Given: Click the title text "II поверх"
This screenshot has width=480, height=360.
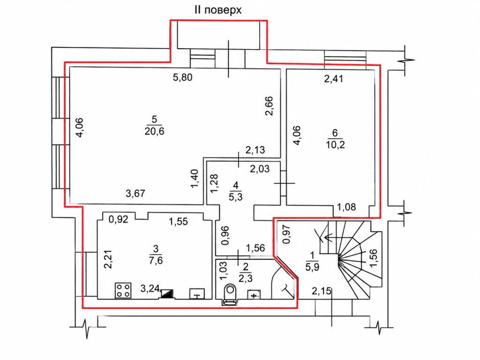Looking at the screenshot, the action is click(217, 10).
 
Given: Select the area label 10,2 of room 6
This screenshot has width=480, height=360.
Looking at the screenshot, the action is click(335, 144).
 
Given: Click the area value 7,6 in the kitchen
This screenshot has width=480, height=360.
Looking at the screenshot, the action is click(156, 261).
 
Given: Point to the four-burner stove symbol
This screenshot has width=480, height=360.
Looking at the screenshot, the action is click(123, 290).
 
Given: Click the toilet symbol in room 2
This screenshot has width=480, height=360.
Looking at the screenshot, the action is click(230, 294).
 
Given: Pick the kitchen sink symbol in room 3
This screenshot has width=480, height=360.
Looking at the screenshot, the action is click(197, 293).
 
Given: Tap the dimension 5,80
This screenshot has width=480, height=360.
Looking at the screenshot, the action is click(183, 77).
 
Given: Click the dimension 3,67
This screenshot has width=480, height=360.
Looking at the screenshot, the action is click(135, 194).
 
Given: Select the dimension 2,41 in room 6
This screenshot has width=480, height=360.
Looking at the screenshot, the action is click(334, 79).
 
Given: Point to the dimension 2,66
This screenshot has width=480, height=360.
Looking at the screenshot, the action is click(270, 106).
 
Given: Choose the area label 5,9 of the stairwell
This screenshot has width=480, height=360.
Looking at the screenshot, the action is click(312, 267).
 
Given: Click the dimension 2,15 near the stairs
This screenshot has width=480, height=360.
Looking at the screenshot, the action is click(322, 291).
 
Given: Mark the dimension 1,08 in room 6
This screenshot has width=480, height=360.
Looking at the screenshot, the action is click(346, 207).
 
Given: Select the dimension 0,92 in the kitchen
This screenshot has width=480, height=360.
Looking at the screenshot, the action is click(119, 219).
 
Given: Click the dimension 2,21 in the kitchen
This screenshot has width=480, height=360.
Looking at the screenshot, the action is click(108, 259).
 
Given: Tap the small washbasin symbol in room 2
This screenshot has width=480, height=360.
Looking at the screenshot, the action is click(254, 295).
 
